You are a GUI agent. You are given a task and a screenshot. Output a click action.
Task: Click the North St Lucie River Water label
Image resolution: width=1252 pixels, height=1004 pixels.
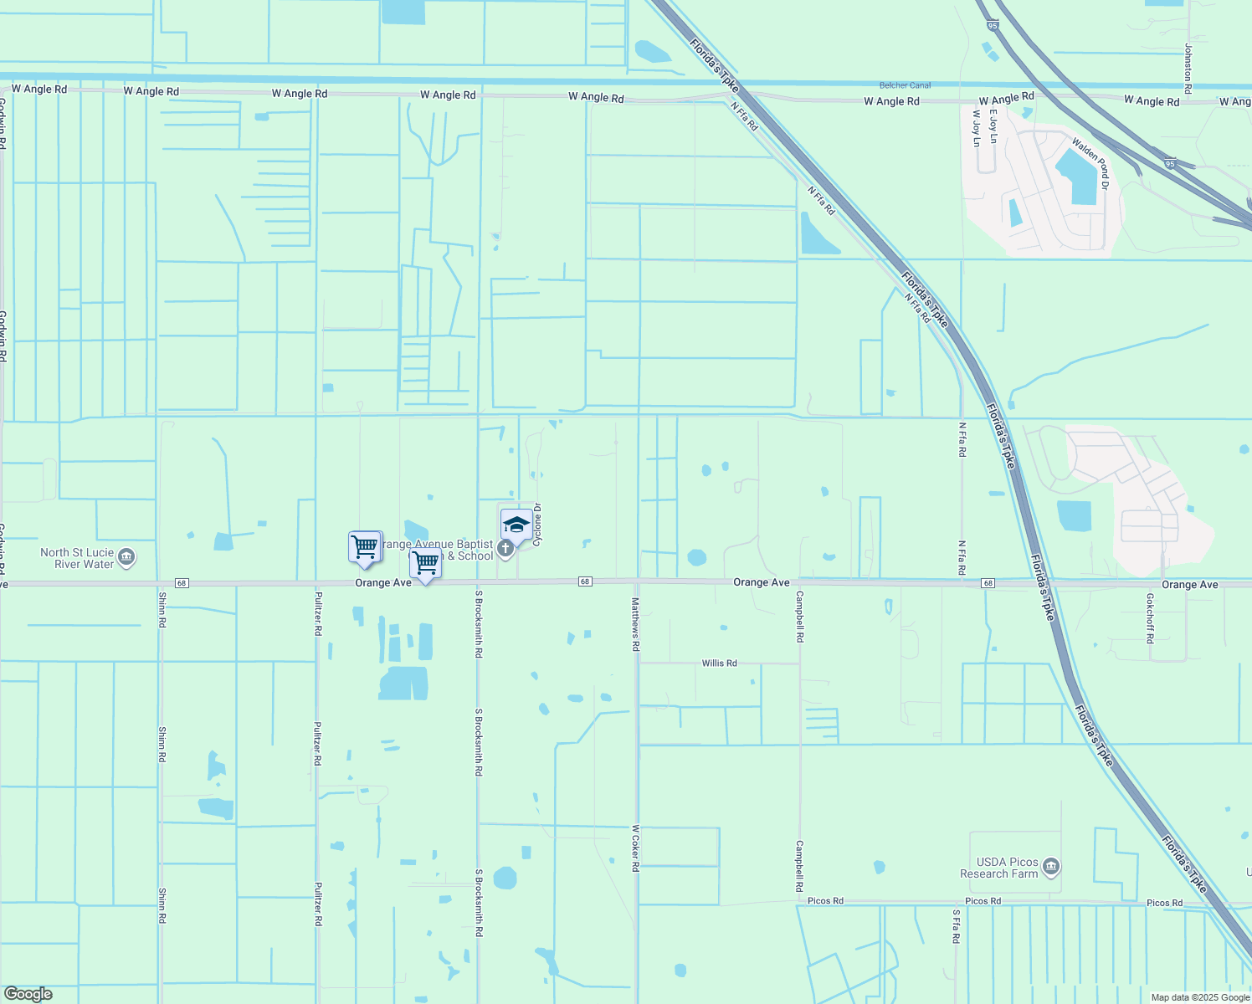pyautogui.click(x=77, y=558)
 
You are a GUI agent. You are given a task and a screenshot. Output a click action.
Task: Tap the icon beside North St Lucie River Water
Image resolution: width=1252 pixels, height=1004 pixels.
pyautogui.click(x=126, y=557)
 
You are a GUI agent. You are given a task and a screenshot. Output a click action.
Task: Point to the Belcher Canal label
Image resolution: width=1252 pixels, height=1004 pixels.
pyautogui.click(x=905, y=85)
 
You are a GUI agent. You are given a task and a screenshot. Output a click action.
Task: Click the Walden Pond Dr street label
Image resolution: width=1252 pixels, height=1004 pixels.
pyautogui.click(x=1090, y=165)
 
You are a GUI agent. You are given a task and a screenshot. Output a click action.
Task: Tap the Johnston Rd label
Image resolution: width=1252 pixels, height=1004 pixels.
pyautogui.click(x=1188, y=63)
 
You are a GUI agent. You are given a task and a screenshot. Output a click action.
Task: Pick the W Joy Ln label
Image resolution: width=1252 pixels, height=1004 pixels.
pyautogui.click(x=976, y=128)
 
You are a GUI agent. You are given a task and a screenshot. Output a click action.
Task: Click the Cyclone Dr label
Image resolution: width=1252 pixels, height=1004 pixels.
pyautogui.click(x=538, y=521)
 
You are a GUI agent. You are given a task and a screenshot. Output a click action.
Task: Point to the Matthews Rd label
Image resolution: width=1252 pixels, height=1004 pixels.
pyautogui.click(x=635, y=625)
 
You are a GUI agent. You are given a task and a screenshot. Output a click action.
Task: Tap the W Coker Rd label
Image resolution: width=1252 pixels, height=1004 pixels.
pyautogui.click(x=635, y=848)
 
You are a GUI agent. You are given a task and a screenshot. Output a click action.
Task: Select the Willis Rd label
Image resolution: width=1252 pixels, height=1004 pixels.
pyautogui.click(x=719, y=663)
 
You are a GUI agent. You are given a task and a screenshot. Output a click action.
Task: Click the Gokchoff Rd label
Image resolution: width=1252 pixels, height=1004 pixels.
pyautogui.click(x=1150, y=618)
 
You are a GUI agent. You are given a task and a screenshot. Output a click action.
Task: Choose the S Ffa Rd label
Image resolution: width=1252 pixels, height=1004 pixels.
pyautogui.click(x=955, y=926)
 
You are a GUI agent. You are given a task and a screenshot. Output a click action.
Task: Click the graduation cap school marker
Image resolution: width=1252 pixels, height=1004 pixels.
pyautogui.click(x=516, y=526)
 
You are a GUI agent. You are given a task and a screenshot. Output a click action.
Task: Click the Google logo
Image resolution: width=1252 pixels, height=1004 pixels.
pyautogui.click(x=28, y=994)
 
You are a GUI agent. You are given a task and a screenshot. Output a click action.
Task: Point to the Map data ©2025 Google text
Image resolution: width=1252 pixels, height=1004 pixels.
pyautogui.click(x=1200, y=997)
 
